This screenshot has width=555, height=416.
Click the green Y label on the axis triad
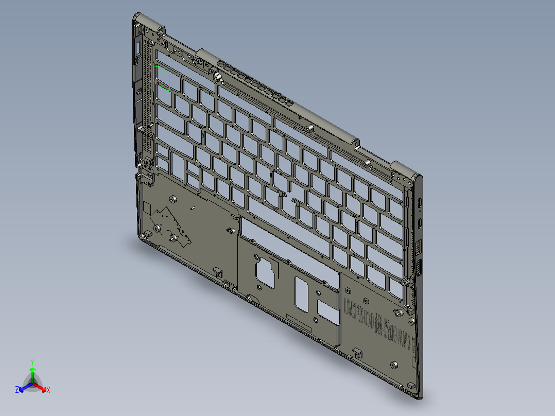click(32, 361)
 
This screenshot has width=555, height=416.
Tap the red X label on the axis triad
click(48, 390)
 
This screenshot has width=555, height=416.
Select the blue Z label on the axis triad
click(17, 390)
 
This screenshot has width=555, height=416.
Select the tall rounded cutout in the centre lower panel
click(301, 293)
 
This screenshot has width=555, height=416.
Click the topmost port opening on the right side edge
click(421, 203)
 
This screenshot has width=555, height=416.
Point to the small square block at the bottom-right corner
click(411, 385)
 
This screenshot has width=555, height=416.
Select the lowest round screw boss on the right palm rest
click(394, 365)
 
